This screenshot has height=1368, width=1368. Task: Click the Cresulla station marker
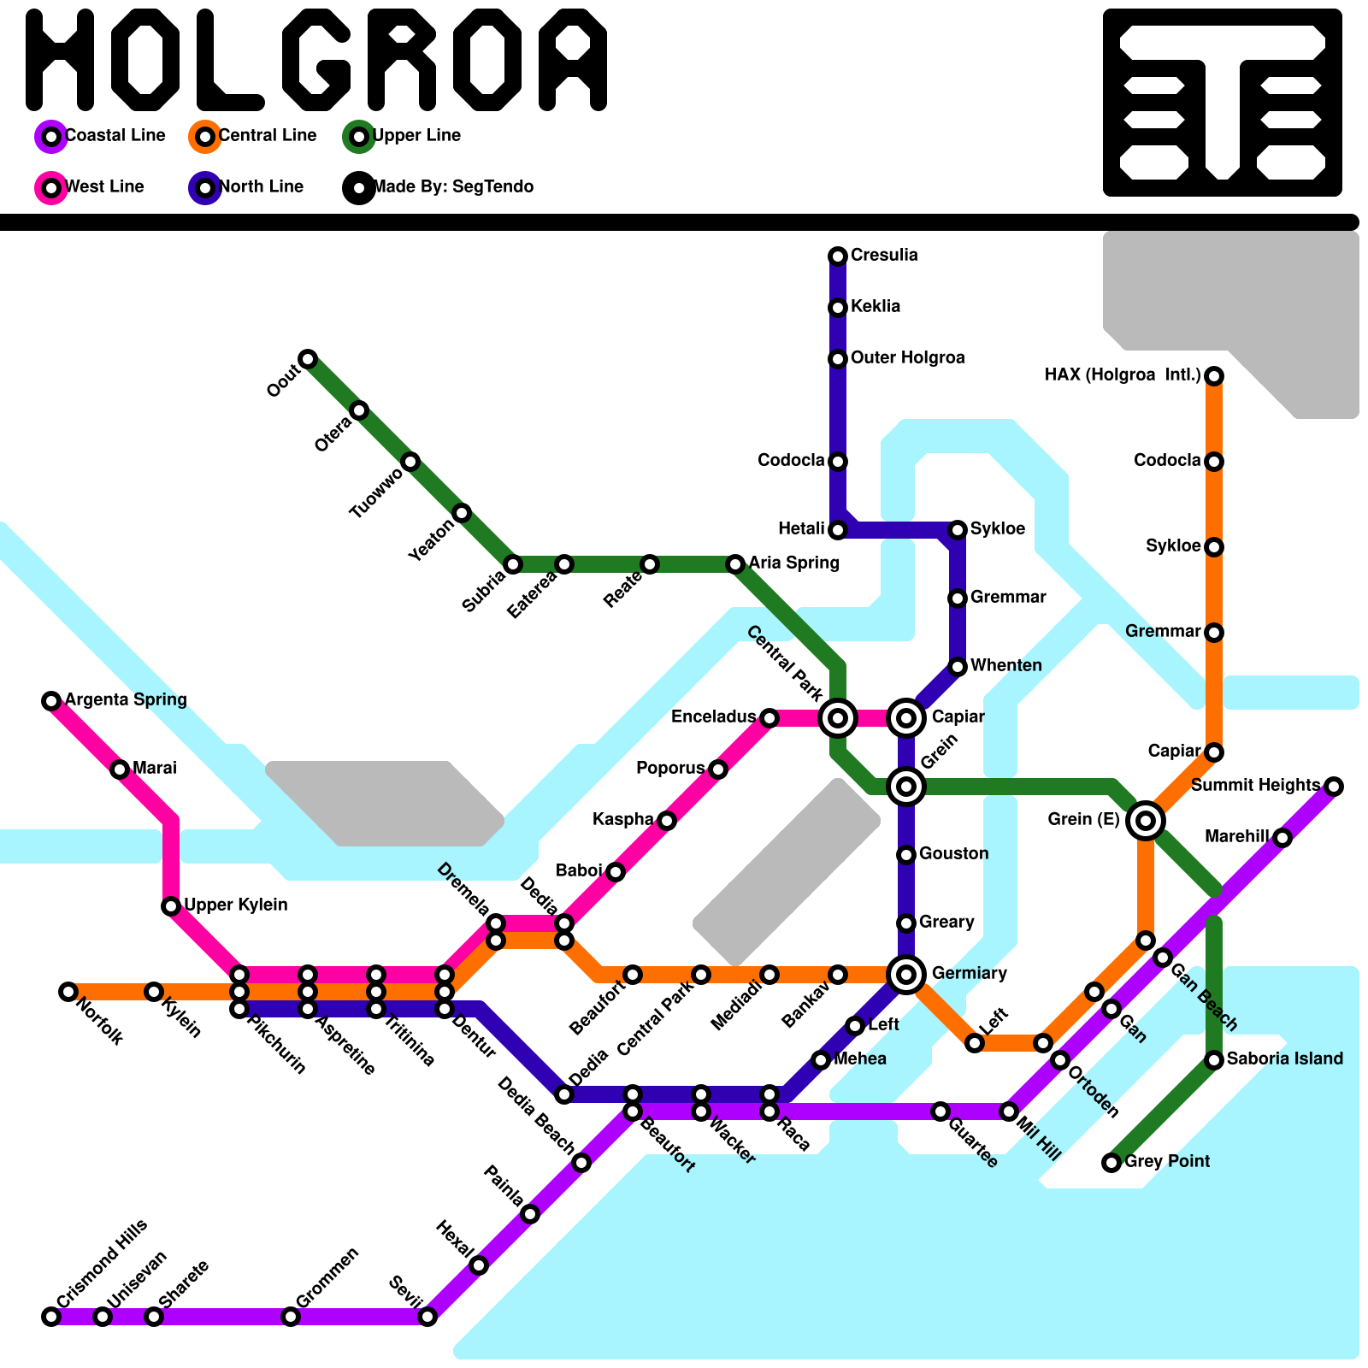click(838, 256)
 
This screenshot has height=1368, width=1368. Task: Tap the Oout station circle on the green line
click(308, 358)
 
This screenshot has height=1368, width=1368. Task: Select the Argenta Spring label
click(126, 699)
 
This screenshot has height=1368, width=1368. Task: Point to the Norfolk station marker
click(68, 992)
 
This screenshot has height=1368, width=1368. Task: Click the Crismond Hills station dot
click(51, 1317)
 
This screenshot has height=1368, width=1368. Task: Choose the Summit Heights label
click(1254, 785)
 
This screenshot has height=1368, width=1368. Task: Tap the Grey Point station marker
click(1111, 1163)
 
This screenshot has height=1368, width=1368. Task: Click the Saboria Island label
click(1284, 1058)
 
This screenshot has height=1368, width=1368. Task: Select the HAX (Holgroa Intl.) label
click(1123, 374)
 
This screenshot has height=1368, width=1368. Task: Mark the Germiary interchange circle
click(906, 973)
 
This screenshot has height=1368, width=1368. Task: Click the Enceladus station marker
click(769, 718)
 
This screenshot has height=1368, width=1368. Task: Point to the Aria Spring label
click(793, 563)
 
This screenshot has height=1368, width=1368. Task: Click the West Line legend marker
click(51, 187)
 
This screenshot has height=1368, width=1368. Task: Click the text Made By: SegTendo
click(453, 186)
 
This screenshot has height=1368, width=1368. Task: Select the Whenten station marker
click(958, 667)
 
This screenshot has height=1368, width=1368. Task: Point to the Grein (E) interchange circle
click(1146, 821)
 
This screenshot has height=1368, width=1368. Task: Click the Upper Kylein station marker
click(171, 906)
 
